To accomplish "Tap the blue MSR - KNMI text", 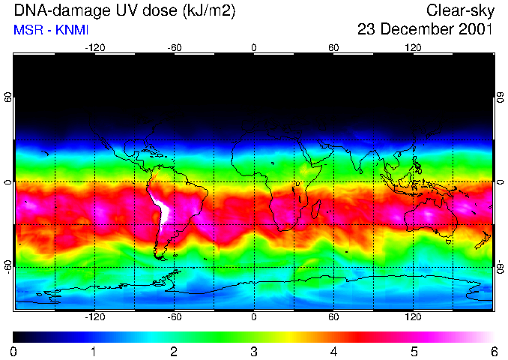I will pyautogui.click(x=51, y=30).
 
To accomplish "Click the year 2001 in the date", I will pyautogui.click(x=474, y=30).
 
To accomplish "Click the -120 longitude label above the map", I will pyautogui.click(x=94, y=47).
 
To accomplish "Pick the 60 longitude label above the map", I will pyautogui.click(x=333, y=47).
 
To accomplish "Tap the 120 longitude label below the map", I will pyautogui.click(x=413, y=316).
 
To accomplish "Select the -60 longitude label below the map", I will pyautogui.click(x=174, y=316).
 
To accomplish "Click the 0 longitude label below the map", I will pyautogui.click(x=254, y=316).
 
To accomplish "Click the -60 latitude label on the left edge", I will pyautogui.click(x=8, y=265).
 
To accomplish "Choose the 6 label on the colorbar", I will pyautogui.click(x=494, y=351).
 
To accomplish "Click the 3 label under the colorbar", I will pyautogui.click(x=254, y=351).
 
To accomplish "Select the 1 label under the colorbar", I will pyautogui.click(x=94, y=351).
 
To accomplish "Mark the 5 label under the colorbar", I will pyautogui.click(x=414, y=351).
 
